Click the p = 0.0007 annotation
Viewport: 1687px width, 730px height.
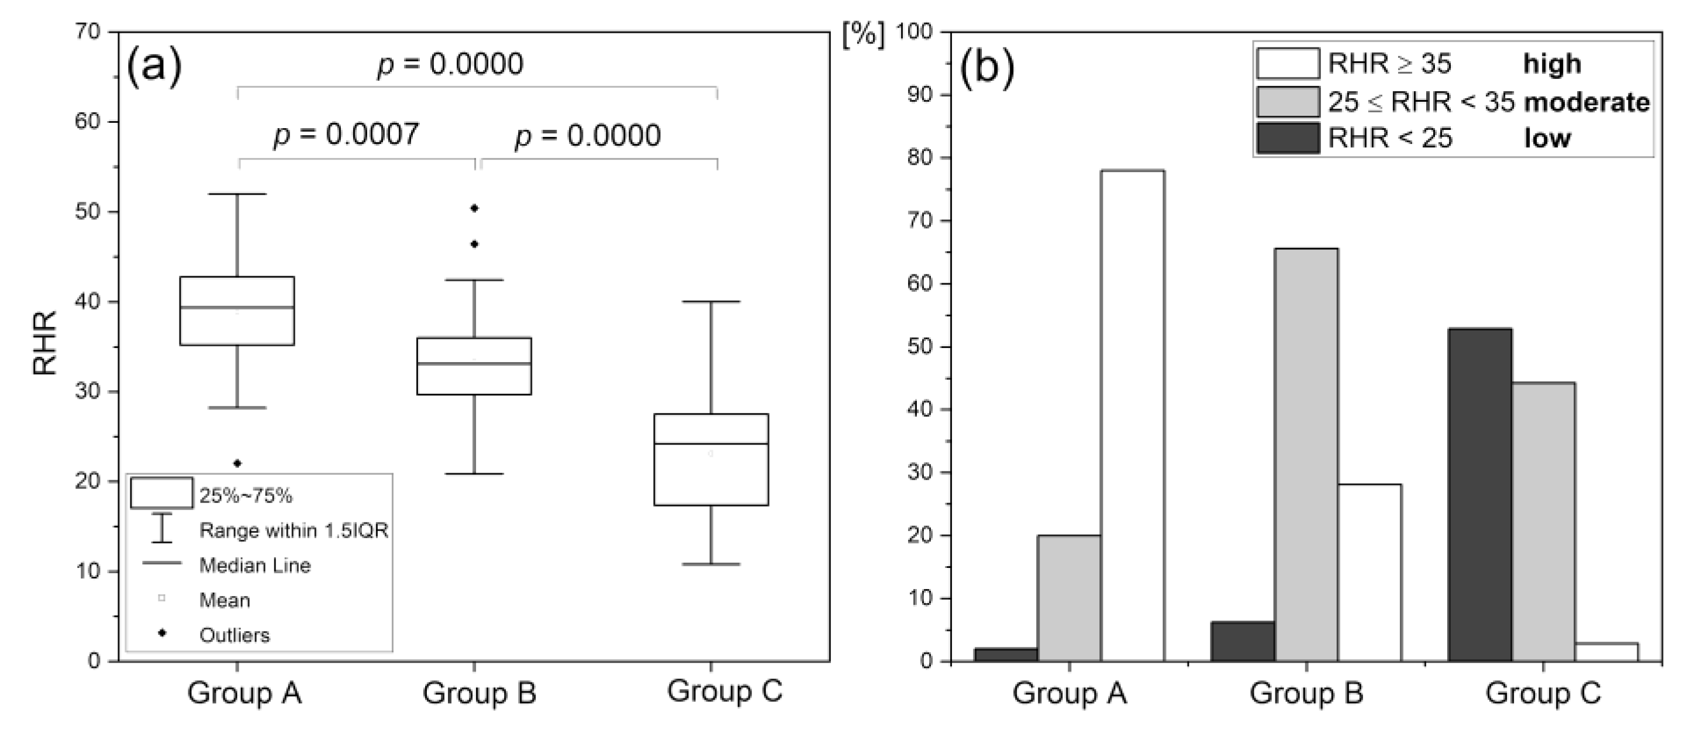click(x=346, y=135)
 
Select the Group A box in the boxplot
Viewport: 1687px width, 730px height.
click(x=237, y=311)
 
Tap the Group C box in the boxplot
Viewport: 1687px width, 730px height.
click(x=710, y=459)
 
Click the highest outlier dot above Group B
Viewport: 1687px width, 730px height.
click(x=475, y=208)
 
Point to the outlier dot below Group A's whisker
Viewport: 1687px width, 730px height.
click(x=237, y=463)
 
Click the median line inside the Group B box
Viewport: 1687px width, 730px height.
click(x=475, y=363)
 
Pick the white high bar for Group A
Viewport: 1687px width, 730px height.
click(x=1132, y=415)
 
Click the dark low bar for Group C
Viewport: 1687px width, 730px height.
click(x=1480, y=495)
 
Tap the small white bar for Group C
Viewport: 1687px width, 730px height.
click(x=1606, y=652)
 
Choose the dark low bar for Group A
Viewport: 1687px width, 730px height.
click(x=1006, y=654)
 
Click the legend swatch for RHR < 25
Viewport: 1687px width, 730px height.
click(x=1288, y=138)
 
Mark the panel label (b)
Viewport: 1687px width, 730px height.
click(x=987, y=68)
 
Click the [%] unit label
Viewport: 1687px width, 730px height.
click(x=863, y=34)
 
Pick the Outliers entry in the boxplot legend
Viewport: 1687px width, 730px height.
click(x=234, y=635)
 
